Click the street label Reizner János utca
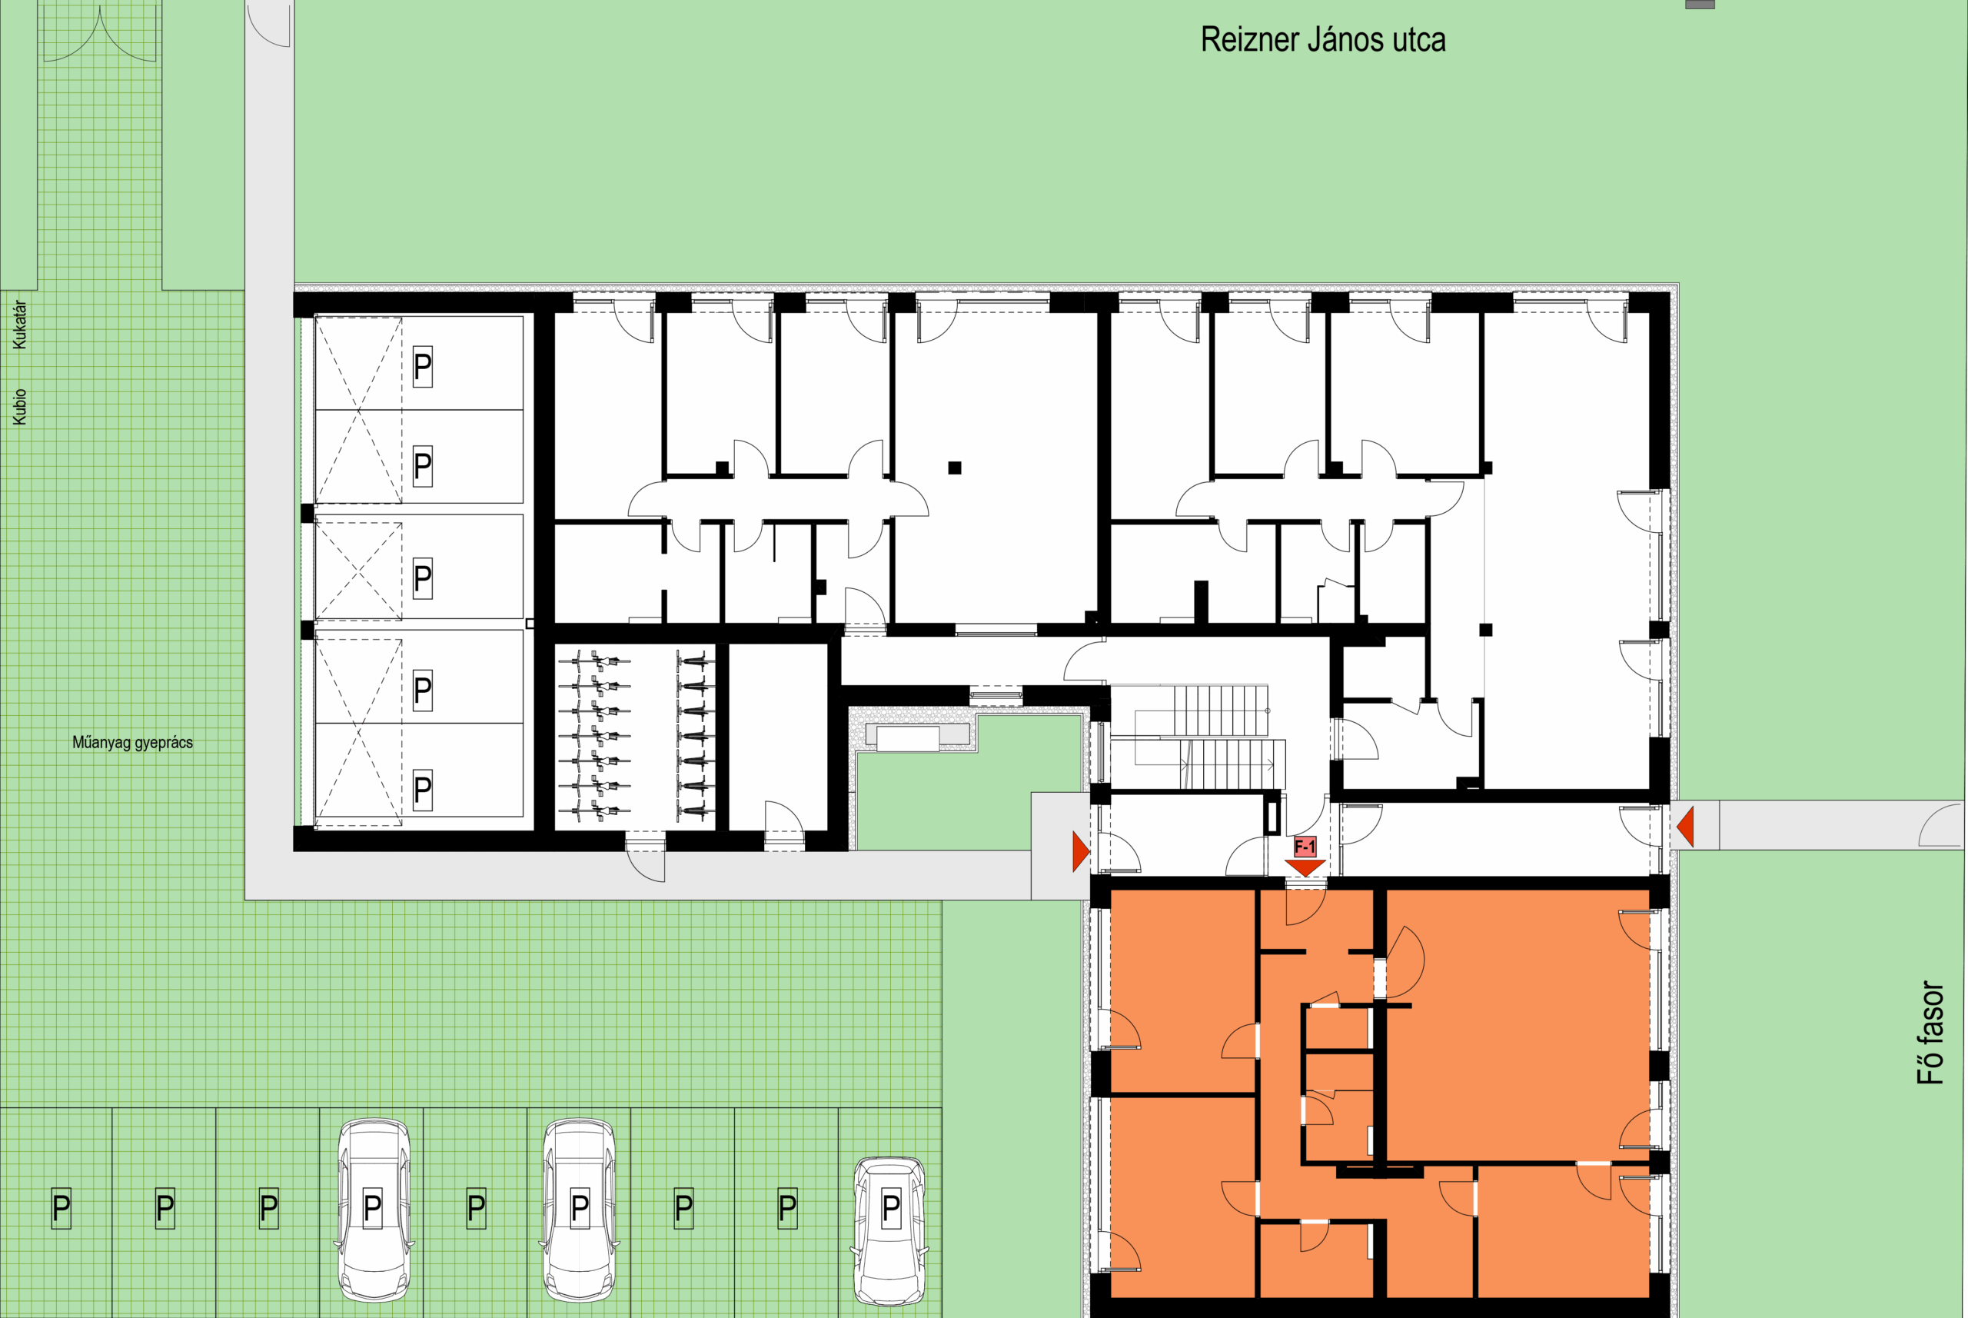click(1323, 40)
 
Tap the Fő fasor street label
click(1930, 1033)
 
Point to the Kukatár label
click(19, 325)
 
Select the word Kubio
click(19, 406)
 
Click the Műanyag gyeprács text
click(132, 742)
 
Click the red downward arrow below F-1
click(1305, 867)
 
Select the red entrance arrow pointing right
click(1081, 851)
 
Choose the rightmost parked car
click(890, 1231)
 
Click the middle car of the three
click(580, 1210)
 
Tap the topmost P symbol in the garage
click(423, 367)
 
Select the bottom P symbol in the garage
click(423, 790)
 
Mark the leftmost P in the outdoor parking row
click(61, 1208)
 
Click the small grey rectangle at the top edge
click(1700, 4)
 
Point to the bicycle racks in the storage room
click(635, 737)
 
